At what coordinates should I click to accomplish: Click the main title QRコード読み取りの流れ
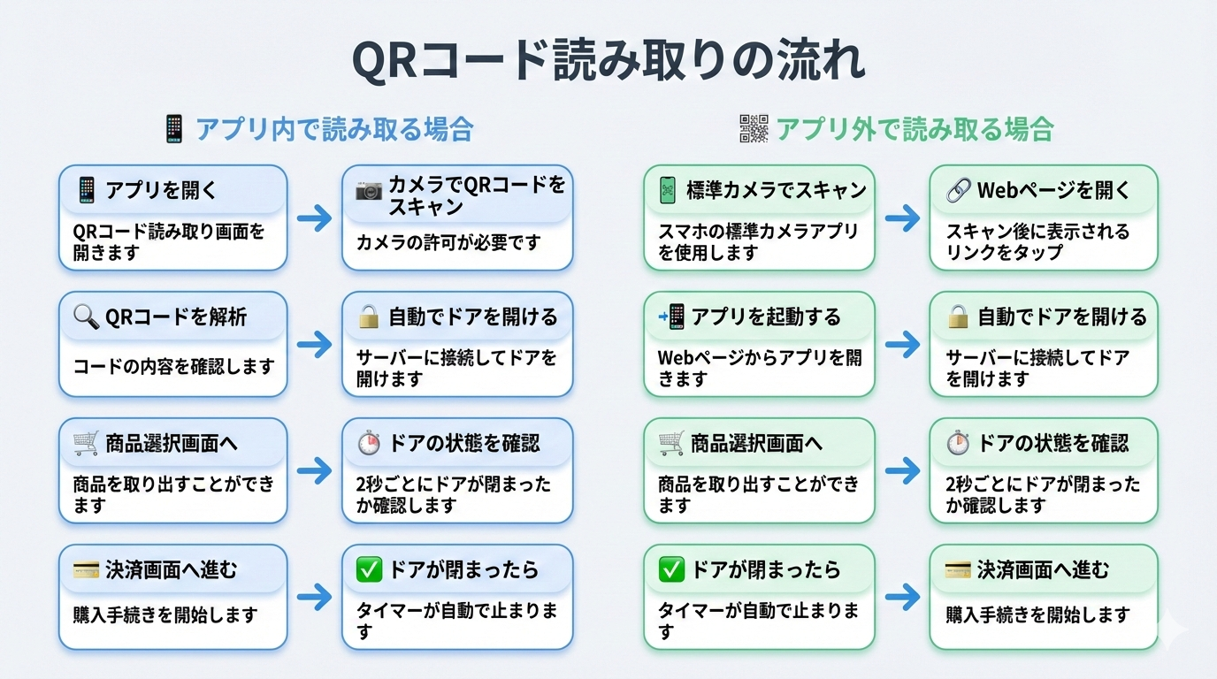pyautogui.click(x=608, y=60)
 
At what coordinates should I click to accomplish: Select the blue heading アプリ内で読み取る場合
pyautogui.click(x=334, y=129)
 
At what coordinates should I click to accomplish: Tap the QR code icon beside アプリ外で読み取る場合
pyautogui.click(x=754, y=129)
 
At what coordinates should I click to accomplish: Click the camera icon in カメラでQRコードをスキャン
pyautogui.click(x=369, y=189)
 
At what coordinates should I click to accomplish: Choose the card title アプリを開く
pyautogui.click(x=161, y=189)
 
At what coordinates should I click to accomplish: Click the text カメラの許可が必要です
pyautogui.click(x=448, y=242)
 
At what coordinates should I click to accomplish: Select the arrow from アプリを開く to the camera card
pyautogui.click(x=314, y=218)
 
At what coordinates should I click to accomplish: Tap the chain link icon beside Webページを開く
pyautogui.click(x=958, y=189)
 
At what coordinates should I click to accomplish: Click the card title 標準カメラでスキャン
pyautogui.click(x=776, y=189)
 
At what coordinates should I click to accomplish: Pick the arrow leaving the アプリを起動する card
pyautogui.click(x=901, y=345)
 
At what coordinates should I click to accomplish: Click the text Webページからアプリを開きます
pyautogui.click(x=759, y=369)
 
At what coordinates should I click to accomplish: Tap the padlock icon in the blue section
pyautogui.click(x=369, y=317)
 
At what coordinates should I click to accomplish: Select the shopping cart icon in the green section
pyautogui.click(x=671, y=443)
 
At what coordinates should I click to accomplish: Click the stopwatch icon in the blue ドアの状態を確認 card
pyautogui.click(x=369, y=443)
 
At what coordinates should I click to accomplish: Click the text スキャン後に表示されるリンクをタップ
pyautogui.click(x=1037, y=241)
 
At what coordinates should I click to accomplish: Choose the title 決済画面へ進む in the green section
pyautogui.click(x=1043, y=570)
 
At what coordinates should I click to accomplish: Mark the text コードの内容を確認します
pyautogui.click(x=173, y=366)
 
